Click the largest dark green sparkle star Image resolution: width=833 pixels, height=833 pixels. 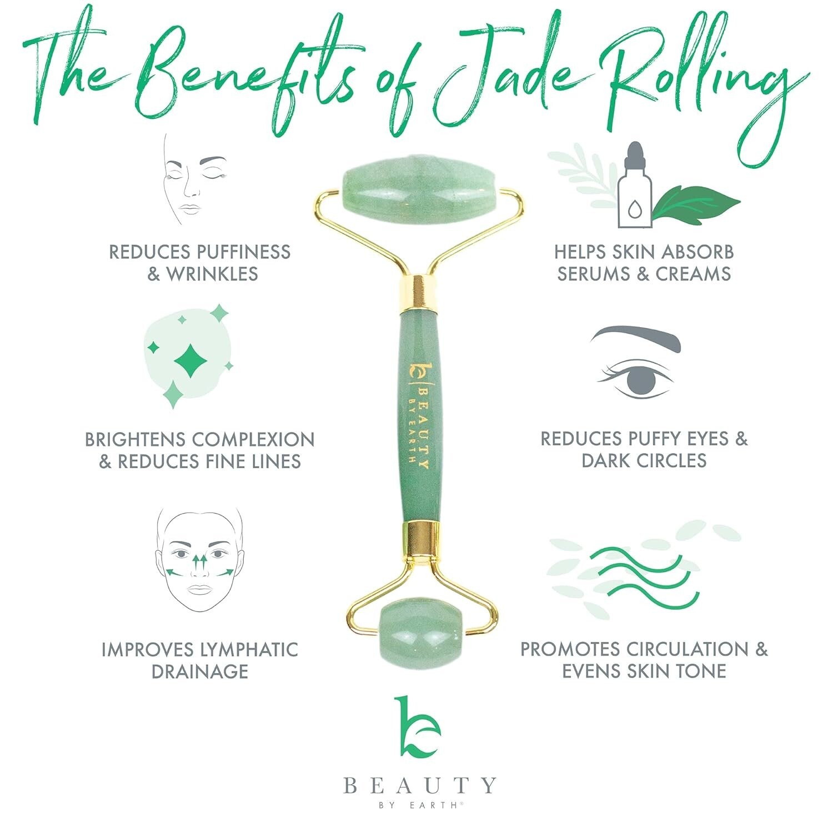tap(190, 361)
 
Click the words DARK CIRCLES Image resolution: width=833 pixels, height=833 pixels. tap(644, 460)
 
